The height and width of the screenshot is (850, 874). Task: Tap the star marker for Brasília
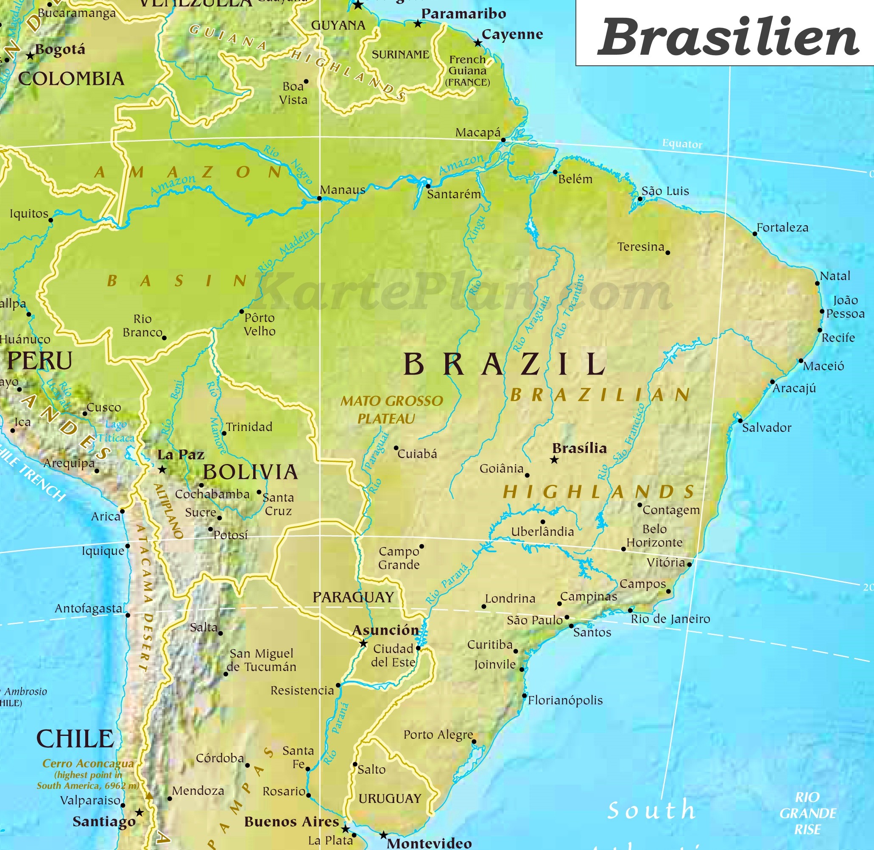point(554,460)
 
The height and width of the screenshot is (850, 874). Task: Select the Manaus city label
point(342,190)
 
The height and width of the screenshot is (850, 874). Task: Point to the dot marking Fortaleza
point(754,233)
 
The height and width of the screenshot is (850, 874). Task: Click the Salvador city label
point(766,428)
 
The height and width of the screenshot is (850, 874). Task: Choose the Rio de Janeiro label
point(670,619)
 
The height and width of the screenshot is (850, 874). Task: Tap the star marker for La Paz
point(162,470)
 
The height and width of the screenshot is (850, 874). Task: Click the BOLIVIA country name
point(250,472)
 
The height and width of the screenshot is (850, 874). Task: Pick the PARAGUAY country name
point(353,597)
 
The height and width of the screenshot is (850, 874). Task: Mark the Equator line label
point(681,144)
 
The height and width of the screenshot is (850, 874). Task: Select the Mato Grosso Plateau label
point(391,410)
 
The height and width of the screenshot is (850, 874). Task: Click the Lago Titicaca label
point(116,431)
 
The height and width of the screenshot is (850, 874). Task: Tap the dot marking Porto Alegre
point(474,741)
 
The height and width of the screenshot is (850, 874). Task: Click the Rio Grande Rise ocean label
point(807,814)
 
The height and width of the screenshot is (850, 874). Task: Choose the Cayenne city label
point(512,34)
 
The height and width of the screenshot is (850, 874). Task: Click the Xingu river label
point(476,229)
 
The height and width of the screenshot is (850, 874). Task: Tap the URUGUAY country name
point(390,799)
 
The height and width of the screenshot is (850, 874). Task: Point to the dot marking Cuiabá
point(396,448)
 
